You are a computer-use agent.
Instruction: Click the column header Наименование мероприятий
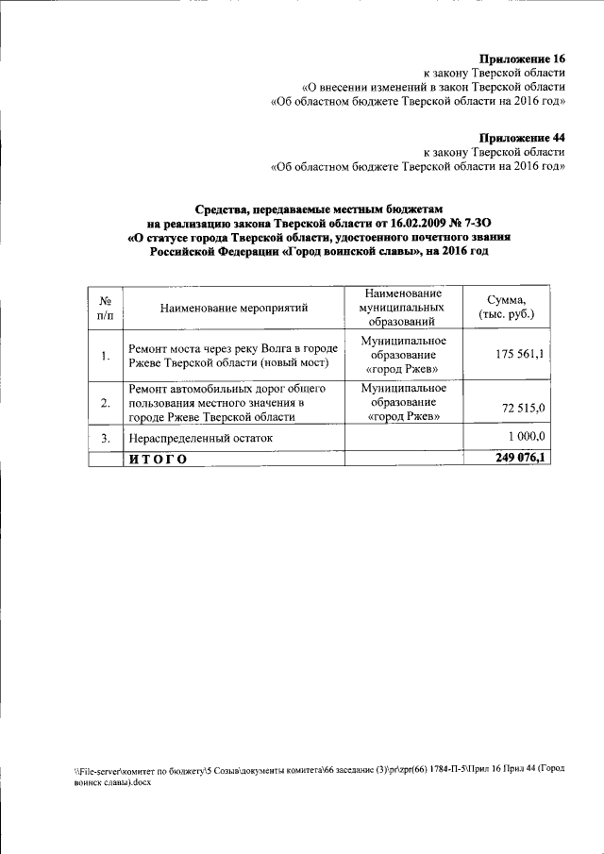coord(233,308)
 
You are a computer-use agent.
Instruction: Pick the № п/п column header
coord(106,308)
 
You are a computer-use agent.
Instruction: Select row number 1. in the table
coord(106,355)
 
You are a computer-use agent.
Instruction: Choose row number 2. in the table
coord(106,404)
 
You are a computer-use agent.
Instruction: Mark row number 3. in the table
coord(106,438)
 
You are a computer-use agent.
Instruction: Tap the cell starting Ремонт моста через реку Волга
coord(232,355)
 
